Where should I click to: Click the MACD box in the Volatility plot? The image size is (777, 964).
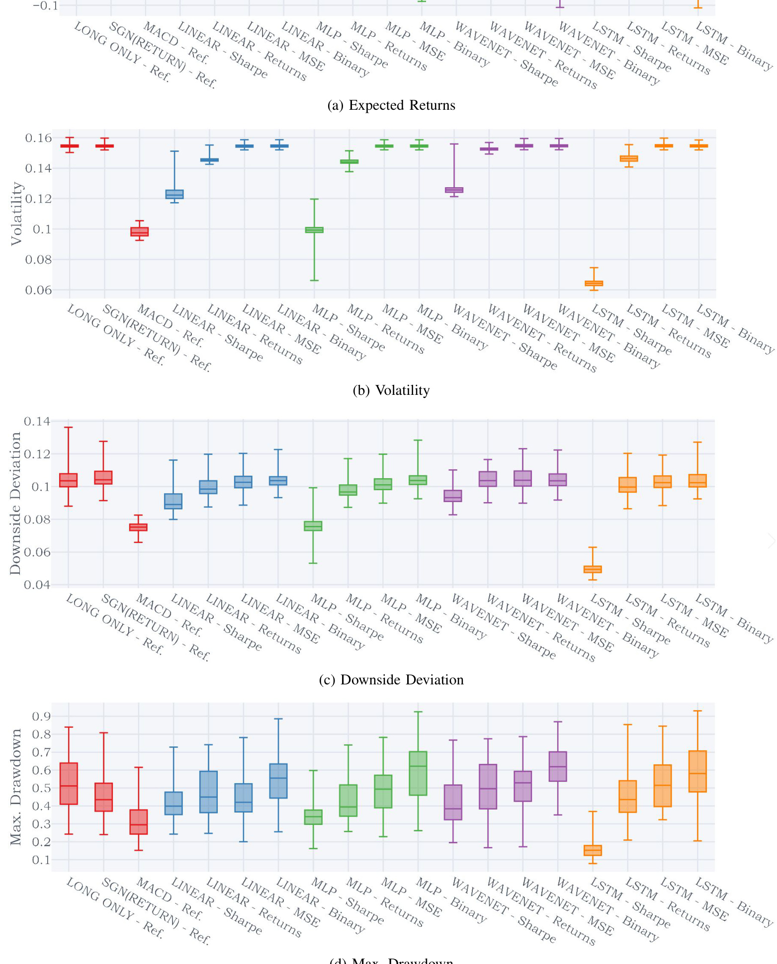(139, 231)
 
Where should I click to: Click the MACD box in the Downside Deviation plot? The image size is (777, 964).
(138, 527)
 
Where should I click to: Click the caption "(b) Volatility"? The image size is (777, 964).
(391, 390)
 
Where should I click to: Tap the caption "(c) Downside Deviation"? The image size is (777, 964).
(391, 679)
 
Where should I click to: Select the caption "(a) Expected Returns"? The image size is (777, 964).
(391, 105)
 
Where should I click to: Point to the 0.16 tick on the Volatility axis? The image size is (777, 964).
(39, 138)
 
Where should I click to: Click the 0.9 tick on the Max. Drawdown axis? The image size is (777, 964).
(41, 716)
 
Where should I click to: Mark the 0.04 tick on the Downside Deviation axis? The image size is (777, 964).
(37, 585)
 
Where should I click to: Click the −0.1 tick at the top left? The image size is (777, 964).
(45, 6)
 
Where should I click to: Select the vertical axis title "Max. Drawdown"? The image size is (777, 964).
(16, 787)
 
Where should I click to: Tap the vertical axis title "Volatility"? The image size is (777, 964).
(17, 214)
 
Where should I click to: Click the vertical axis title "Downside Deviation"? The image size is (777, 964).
(15, 503)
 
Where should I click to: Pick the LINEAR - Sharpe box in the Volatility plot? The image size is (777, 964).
(174, 194)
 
